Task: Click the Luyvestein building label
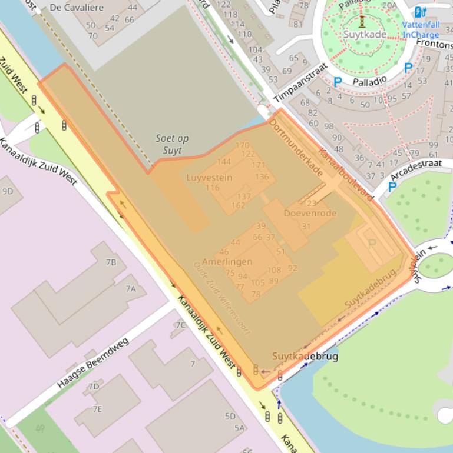pos(209,178)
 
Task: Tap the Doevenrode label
pos(310,214)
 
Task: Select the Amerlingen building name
pos(227,262)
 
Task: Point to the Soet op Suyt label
pos(172,144)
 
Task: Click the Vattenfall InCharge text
pos(421,30)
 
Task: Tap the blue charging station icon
pos(419,12)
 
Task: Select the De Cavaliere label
pos(77,8)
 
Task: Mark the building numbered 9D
pos(8,191)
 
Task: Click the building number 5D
pos(230,416)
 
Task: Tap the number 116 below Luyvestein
pos(212,188)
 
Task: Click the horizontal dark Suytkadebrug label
pos(305,357)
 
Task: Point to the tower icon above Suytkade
pos(362,22)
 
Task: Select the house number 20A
pos(389,5)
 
